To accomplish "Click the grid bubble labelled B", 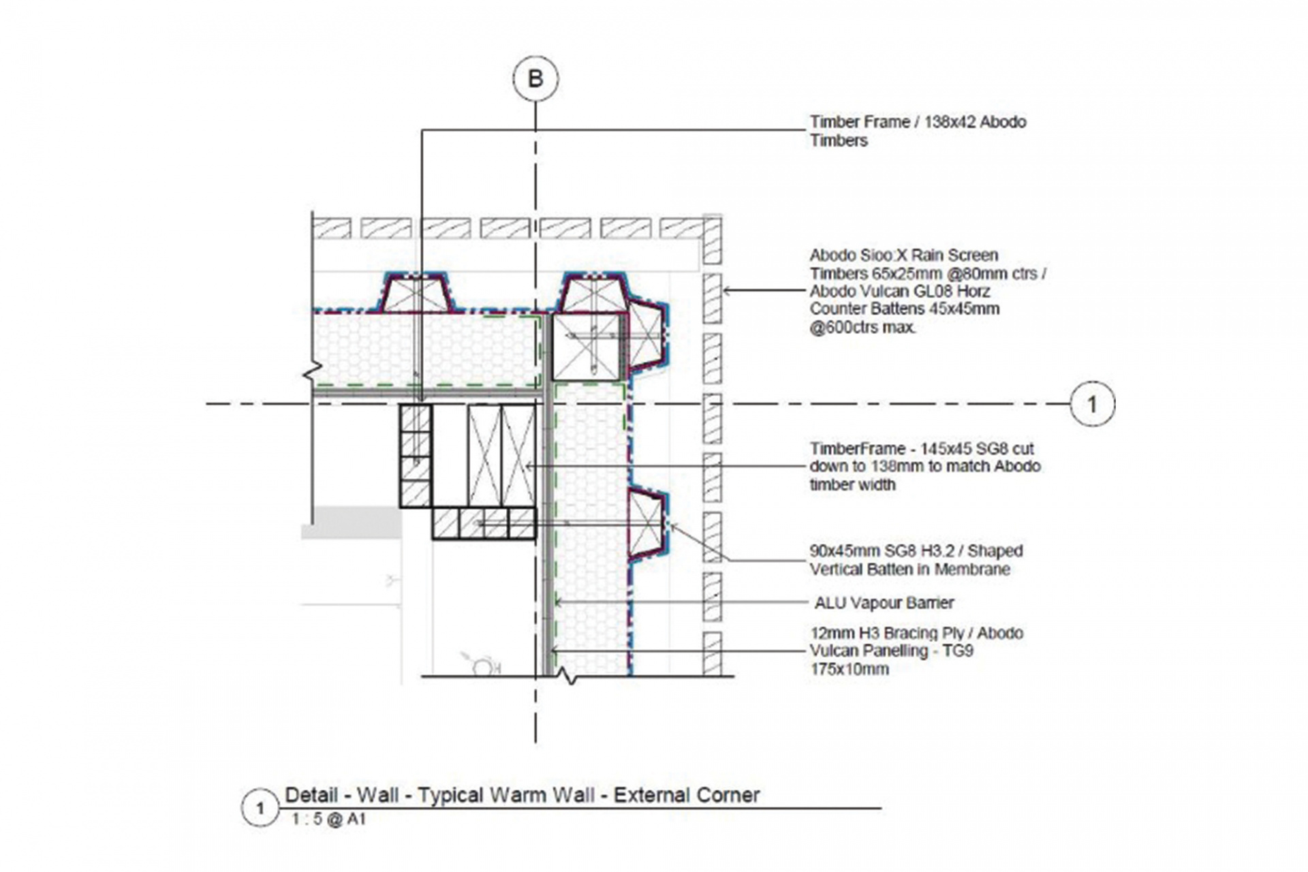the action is [535, 79].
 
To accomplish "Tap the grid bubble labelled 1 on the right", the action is [1092, 404].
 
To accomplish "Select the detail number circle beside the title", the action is [260, 808].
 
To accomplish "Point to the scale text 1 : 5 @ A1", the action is [328, 819].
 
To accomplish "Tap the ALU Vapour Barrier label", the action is [884, 602].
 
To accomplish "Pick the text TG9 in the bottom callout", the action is [959, 651].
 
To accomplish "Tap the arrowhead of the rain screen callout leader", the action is [727, 290].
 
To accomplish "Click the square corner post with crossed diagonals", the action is [586, 346].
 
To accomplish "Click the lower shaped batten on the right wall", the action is [647, 523].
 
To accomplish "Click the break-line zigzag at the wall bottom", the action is [567, 676].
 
